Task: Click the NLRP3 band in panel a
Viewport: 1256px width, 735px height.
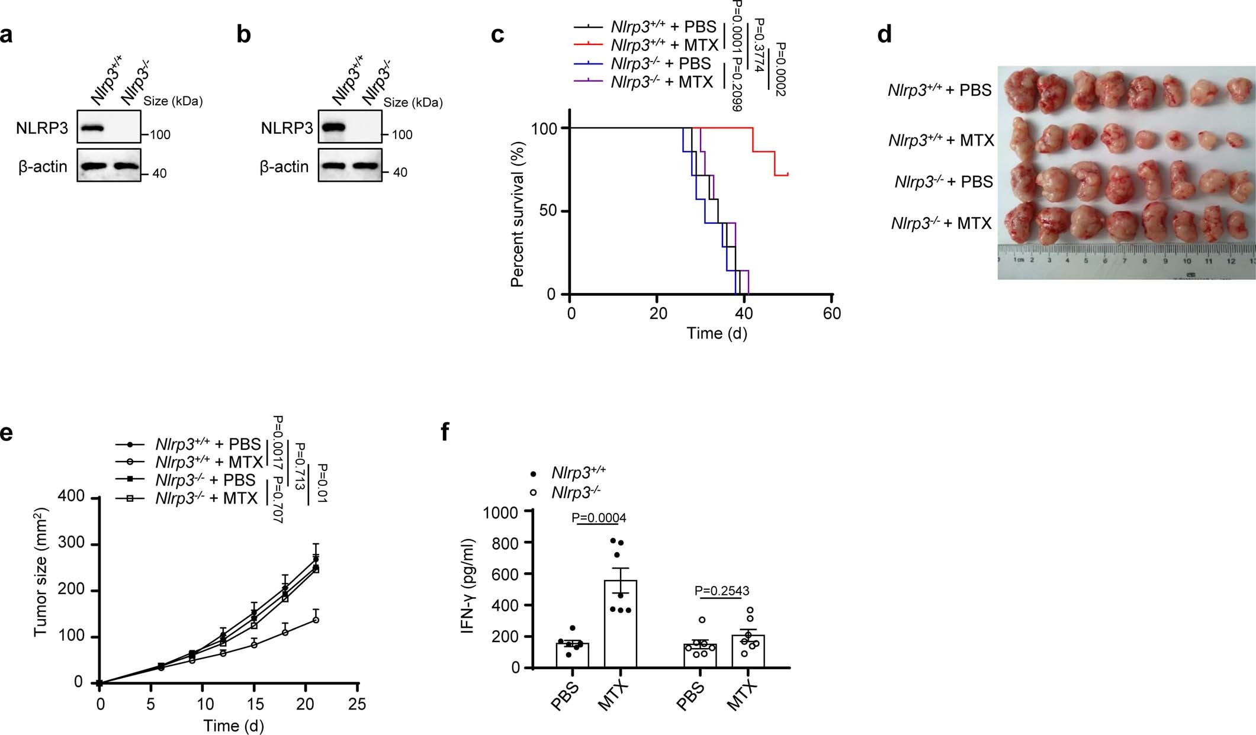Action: click(x=93, y=127)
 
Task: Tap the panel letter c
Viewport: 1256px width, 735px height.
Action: click(x=498, y=35)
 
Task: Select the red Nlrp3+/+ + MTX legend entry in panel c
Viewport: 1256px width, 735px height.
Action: click(x=664, y=45)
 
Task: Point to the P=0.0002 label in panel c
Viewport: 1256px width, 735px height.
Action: click(x=781, y=70)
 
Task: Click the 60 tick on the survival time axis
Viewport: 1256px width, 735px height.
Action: click(x=832, y=313)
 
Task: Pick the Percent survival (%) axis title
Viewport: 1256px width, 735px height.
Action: click(x=518, y=214)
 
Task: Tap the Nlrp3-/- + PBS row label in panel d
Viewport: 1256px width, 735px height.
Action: click(x=943, y=182)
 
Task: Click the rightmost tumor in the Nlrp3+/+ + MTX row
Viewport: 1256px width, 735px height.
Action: click(x=1235, y=140)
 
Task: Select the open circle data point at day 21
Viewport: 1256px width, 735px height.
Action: click(x=316, y=620)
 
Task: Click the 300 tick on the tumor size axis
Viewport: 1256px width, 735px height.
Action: click(x=71, y=544)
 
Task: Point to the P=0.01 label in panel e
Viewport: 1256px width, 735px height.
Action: click(x=323, y=483)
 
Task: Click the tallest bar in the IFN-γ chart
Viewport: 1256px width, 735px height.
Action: click(x=620, y=623)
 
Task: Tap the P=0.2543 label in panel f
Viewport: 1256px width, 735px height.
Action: click(x=721, y=591)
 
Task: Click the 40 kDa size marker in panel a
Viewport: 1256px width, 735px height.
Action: click(x=159, y=173)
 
